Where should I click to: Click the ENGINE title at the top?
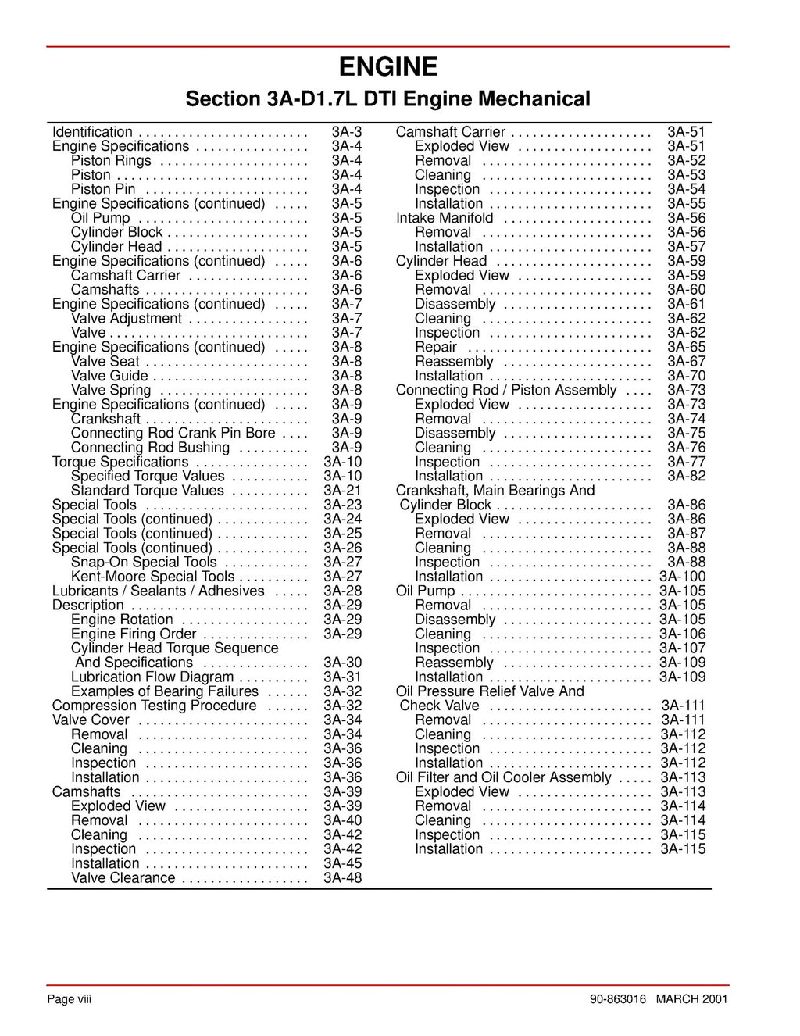tap(387, 67)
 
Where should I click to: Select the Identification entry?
tap(92, 132)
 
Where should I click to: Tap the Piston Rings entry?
tap(111, 161)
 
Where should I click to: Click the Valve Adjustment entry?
tap(126, 319)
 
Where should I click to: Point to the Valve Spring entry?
tap(111, 390)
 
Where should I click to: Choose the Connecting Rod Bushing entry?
tap(150, 448)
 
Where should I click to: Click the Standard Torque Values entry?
tap(147, 491)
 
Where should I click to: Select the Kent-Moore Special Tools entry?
tap(152, 577)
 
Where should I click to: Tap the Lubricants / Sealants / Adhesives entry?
tap(158, 591)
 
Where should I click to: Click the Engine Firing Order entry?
tap(134, 634)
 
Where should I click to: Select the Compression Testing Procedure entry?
tap(154, 706)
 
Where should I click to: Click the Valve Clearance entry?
tap(123, 878)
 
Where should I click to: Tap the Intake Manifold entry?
tap(445, 218)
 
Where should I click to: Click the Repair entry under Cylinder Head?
tap(435, 347)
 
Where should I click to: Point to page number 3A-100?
tap(682, 577)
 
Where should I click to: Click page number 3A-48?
tap(342, 878)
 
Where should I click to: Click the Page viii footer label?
tap(70, 1000)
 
